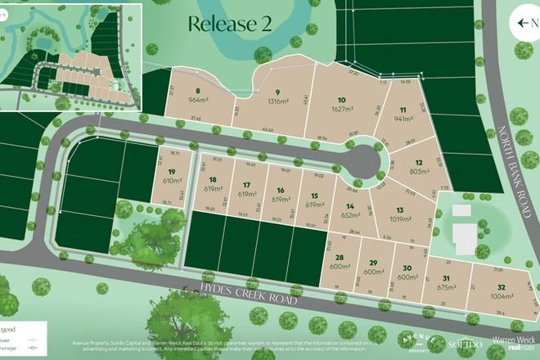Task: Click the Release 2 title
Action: click(229, 24)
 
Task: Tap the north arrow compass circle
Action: click(524, 23)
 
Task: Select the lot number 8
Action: click(199, 92)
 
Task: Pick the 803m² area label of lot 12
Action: click(419, 172)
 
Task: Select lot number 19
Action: click(171, 171)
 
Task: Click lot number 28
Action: click(339, 259)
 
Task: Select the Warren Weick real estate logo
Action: click(513, 343)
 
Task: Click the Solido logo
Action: click(464, 344)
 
